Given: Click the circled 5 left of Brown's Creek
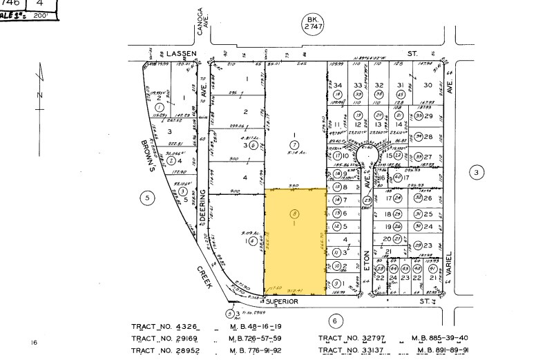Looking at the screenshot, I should pyautogui.click(x=146, y=198).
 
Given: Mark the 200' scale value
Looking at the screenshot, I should pyautogui.click(x=41, y=15).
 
